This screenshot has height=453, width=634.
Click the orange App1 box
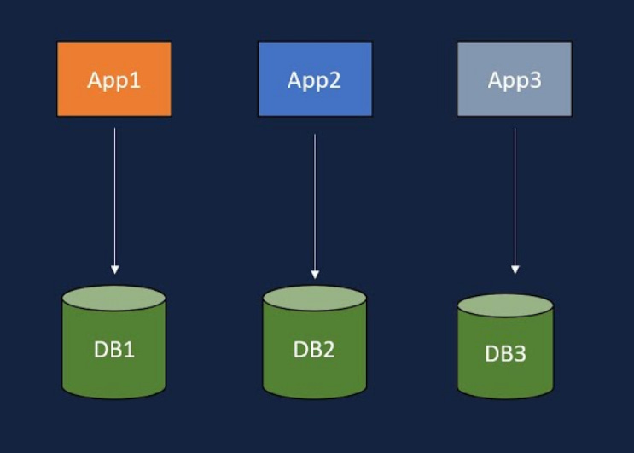pos(113,78)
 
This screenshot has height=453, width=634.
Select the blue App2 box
pos(314,78)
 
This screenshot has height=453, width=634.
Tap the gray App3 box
pos(515,78)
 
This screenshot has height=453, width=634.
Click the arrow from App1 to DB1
pos(114,196)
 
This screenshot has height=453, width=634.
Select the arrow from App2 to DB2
pos(315,205)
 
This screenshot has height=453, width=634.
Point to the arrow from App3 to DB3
pos(515,196)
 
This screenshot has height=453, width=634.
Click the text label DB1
pos(113,349)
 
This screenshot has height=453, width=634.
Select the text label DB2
pos(314,350)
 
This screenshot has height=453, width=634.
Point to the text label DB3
pos(505,354)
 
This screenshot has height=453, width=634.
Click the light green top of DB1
pos(113,298)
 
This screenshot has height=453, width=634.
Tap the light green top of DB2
pos(314,298)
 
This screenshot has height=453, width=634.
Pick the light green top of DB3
pos(505,305)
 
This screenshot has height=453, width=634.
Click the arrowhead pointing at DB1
pos(114,270)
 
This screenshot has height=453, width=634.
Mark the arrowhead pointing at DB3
pos(515,270)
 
